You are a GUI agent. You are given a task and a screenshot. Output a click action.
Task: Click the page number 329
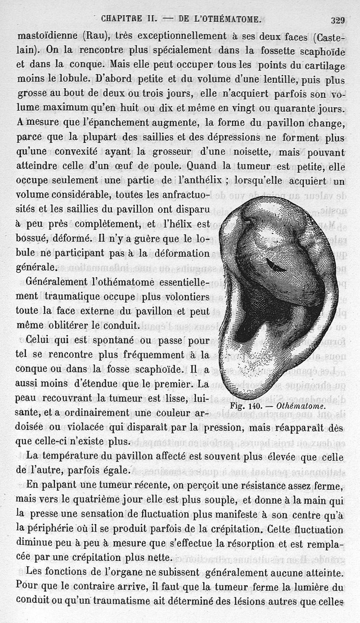(x=337, y=20)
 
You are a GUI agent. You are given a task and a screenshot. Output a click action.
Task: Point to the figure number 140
(x=262, y=405)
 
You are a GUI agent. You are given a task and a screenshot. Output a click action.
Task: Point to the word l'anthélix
(x=197, y=181)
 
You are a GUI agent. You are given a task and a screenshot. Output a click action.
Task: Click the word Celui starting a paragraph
(x=39, y=340)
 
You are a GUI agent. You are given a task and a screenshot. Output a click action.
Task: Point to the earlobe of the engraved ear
(x=252, y=378)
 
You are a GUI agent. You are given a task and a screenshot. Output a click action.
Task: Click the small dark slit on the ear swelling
(x=275, y=265)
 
